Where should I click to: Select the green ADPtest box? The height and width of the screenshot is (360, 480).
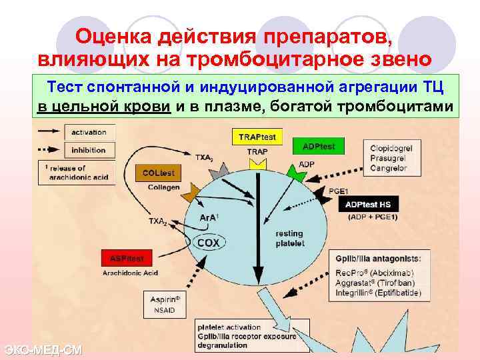point(319,146)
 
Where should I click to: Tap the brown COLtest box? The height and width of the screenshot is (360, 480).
point(159,173)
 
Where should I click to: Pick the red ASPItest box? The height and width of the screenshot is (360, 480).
point(127,257)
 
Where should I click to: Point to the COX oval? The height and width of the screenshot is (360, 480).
point(208,243)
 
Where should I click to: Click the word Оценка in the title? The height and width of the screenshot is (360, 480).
point(117,35)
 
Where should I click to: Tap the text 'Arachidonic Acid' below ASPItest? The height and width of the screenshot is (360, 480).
point(129,273)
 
